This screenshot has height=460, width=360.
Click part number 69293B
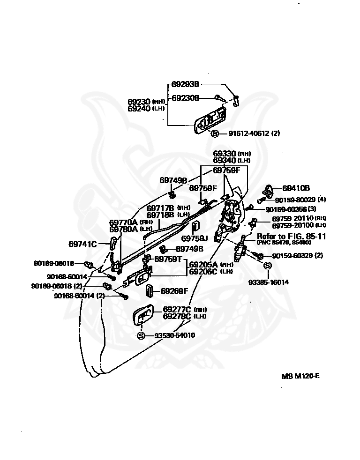pyautogui.click(x=185, y=84)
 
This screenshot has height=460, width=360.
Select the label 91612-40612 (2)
pyautogui.click(x=254, y=134)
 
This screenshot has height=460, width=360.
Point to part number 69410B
pyautogui.click(x=296, y=188)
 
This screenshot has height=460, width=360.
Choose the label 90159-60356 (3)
pyautogui.click(x=291, y=209)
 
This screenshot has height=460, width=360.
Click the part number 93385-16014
pyautogui.click(x=269, y=282)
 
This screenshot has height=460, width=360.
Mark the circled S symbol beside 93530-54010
pyautogui.click(x=141, y=335)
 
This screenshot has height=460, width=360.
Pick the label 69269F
pyautogui.click(x=174, y=291)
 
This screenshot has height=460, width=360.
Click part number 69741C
pyautogui.click(x=82, y=244)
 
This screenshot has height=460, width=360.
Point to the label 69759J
pyautogui.click(x=194, y=238)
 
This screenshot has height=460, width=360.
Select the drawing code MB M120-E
pyautogui.click(x=300, y=376)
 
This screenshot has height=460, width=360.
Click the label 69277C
pyautogui.click(x=177, y=310)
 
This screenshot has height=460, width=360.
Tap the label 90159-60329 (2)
pyautogui.click(x=297, y=256)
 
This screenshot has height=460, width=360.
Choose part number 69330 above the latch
pyautogui.click(x=225, y=154)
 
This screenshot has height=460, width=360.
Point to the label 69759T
pyautogui.click(x=168, y=259)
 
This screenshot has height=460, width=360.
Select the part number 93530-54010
pyautogui.click(x=174, y=335)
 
